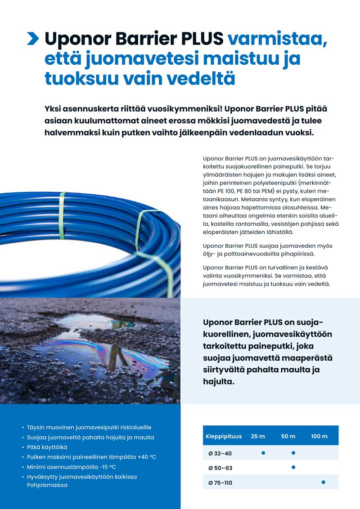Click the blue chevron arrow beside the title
[x=33, y=39]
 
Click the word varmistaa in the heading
[x=277, y=39]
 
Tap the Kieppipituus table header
[x=224, y=436]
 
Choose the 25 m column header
[x=258, y=436]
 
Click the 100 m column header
[x=319, y=436]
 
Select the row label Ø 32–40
[x=220, y=453]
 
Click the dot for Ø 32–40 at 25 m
[x=263, y=453]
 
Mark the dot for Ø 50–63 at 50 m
[x=293, y=468]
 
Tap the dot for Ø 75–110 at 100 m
[x=323, y=482]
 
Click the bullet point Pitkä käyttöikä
[x=47, y=447]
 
